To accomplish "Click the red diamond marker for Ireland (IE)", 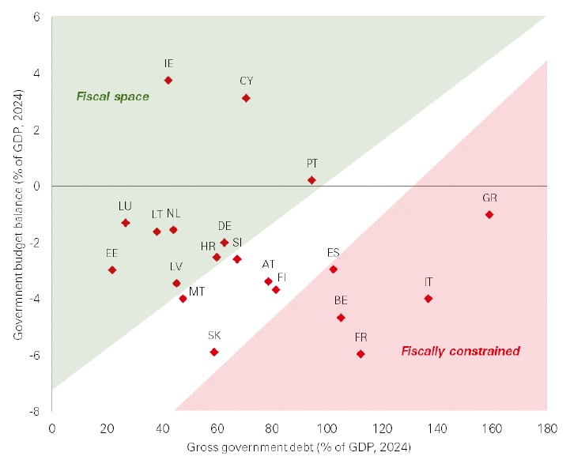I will click(x=168, y=81).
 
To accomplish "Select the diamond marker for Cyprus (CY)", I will click(x=246, y=98).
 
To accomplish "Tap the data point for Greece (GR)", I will click(x=489, y=214).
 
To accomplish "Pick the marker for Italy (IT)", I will click(x=428, y=299).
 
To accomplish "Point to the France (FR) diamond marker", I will click(x=360, y=354).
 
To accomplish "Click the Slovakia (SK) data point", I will click(x=213, y=352).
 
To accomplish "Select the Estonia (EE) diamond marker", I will click(x=112, y=270).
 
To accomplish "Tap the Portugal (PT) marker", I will click(x=311, y=180).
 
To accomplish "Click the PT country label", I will click(x=312, y=164).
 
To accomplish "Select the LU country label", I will click(x=125, y=205).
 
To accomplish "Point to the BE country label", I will click(x=341, y=300).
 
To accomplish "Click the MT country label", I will click(x=197, y=292).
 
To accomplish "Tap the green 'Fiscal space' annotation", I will click(x=112, y=97).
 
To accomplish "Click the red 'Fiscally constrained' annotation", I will click(x=460, y=351).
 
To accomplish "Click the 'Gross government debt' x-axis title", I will click(x=299, y=447).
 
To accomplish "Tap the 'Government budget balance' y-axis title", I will click(x=17, y=214).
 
